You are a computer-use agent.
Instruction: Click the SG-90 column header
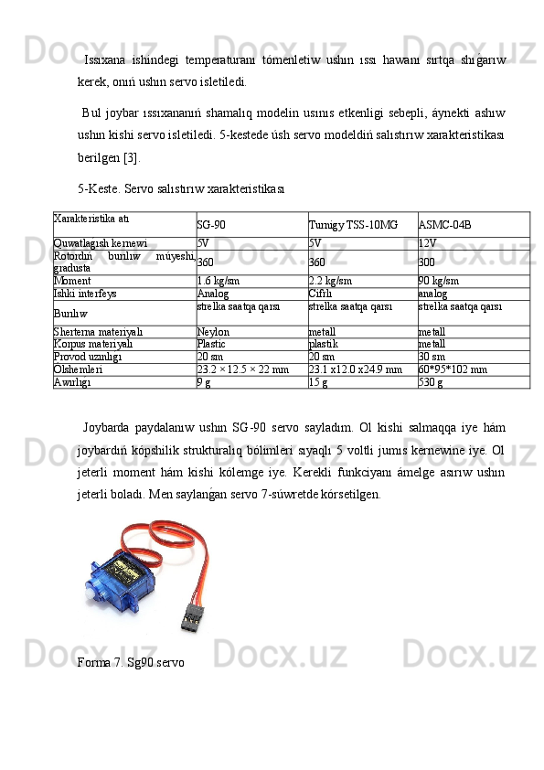click(212, 224)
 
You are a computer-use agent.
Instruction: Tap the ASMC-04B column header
click(444, 224)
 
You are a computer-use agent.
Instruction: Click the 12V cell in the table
click(426, 244)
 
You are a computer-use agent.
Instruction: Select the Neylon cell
click(213, 332)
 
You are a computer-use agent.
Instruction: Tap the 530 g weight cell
click(430, 383)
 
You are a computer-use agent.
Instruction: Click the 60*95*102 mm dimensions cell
click(453, 370)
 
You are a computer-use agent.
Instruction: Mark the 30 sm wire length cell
click(432, 358)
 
